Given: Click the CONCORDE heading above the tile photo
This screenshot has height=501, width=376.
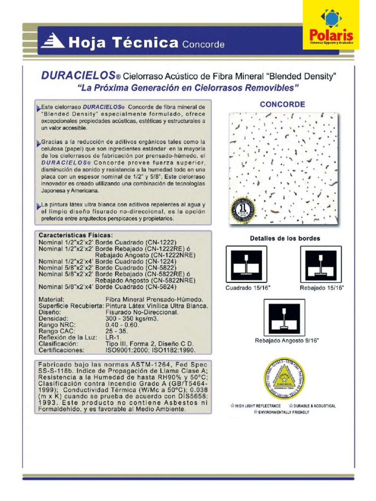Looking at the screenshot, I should (282, 104).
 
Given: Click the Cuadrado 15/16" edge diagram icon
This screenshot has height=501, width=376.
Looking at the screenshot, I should (246, 265).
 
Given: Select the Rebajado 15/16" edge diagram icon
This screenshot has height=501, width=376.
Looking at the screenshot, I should (321, 265).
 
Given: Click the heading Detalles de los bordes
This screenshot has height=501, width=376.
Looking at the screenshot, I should (285, 238).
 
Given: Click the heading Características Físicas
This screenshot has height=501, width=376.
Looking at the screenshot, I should (75, 235).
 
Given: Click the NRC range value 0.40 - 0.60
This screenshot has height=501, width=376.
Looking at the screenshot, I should (122, 324).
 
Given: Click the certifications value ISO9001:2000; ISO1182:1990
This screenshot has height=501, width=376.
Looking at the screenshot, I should (150, 350).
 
